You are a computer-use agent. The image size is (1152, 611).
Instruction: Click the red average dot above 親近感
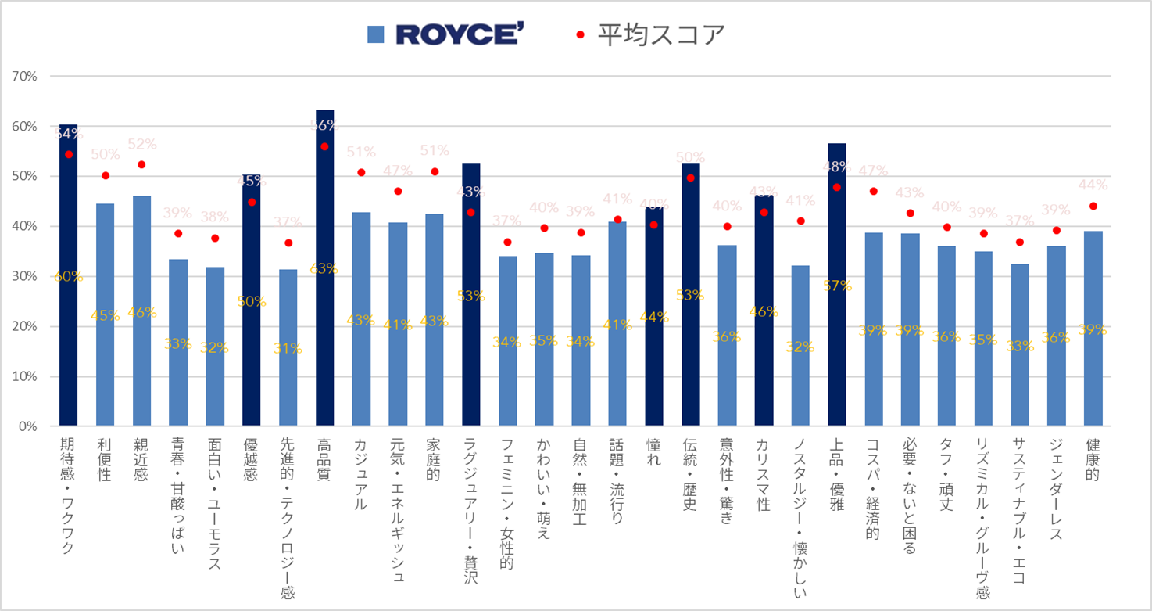click(x=141, y=164)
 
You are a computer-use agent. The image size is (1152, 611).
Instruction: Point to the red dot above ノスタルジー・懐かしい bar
click(x=800, y=221)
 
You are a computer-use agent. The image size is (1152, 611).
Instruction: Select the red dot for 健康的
click(x=1093, y=207)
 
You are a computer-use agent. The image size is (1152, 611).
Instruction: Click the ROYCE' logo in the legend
click(x=457, y=34)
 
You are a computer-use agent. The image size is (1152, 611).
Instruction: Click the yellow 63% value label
click(x=324, y=268)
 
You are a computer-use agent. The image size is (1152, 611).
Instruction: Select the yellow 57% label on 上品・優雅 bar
click(x=837, y=286)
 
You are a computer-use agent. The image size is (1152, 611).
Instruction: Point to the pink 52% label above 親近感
click(x=142, y=144)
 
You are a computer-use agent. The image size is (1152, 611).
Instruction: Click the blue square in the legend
click(x=376, y=34)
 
